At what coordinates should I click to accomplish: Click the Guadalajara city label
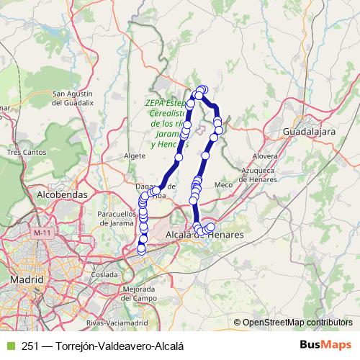click(310, 133)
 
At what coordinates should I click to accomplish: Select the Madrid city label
click(27, 278)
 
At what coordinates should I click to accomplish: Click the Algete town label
click(135, 156)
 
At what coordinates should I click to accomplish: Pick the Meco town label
click(224, 184)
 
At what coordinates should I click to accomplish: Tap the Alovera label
click(266, 156)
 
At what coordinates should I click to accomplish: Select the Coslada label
click(104, 274)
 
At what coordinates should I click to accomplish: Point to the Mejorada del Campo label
click(140, 293)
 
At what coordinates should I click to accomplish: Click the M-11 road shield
click(42, 233)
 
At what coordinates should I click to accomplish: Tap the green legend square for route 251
click(9, 346)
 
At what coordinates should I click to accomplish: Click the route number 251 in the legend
click(30, 346)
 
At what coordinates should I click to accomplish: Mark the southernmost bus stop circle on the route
click(141, 249)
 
